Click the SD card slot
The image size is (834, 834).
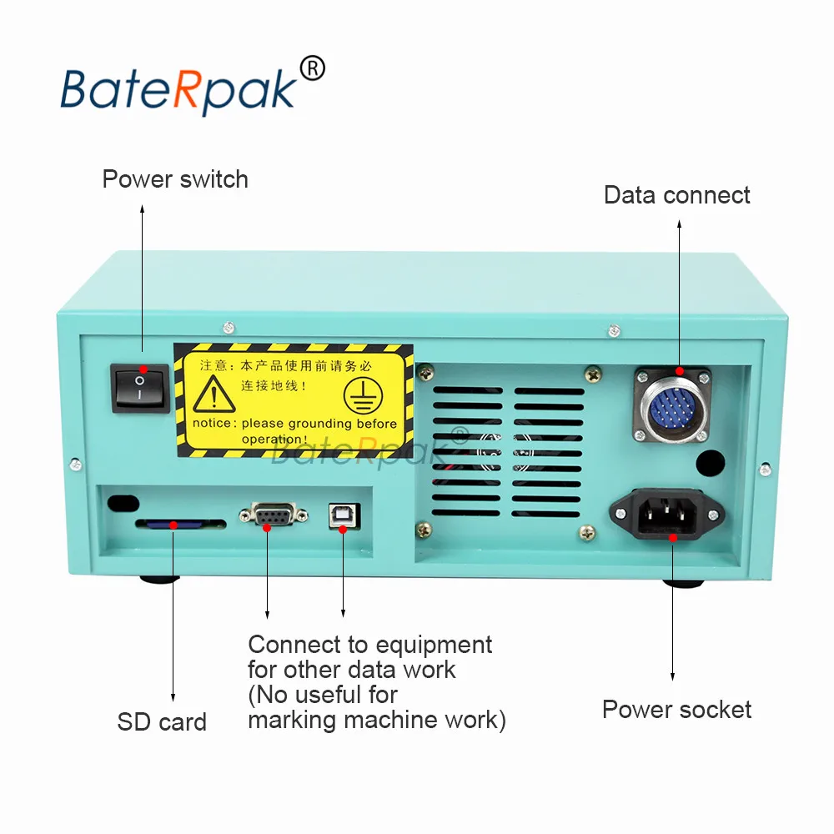[180, 525]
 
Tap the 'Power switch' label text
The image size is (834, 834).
[175, 179]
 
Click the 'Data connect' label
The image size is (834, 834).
[676, 195]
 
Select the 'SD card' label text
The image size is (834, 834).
[162, 721]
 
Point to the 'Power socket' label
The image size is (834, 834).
[676, 710]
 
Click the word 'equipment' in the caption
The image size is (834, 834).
[434, 645]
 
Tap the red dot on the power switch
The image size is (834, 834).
[143, 369]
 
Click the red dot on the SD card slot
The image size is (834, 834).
[173, 525]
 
